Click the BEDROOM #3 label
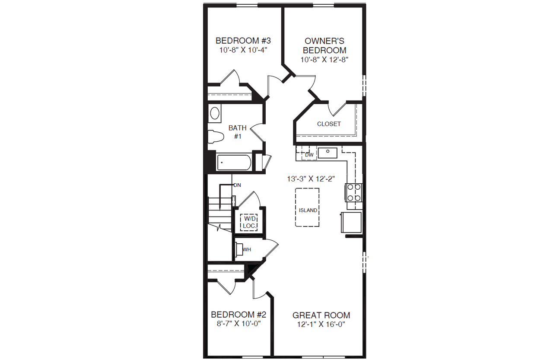pos(243,41)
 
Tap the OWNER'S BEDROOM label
pos(324,45)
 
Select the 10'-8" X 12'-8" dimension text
pos(324,60)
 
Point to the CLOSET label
pos(329,124)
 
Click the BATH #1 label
pos(238,132)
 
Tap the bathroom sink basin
pos(215,114)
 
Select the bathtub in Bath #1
pos(233,162)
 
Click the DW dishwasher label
pos(309,155)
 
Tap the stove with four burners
pos(353,192)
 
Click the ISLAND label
pos(308,210)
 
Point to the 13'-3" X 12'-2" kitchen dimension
pos(311,178)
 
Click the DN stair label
pos(237,185)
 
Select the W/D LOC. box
pos(249,223)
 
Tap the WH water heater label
pos(247,250)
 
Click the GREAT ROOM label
pos(321,315)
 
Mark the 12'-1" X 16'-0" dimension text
pos(321,324)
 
